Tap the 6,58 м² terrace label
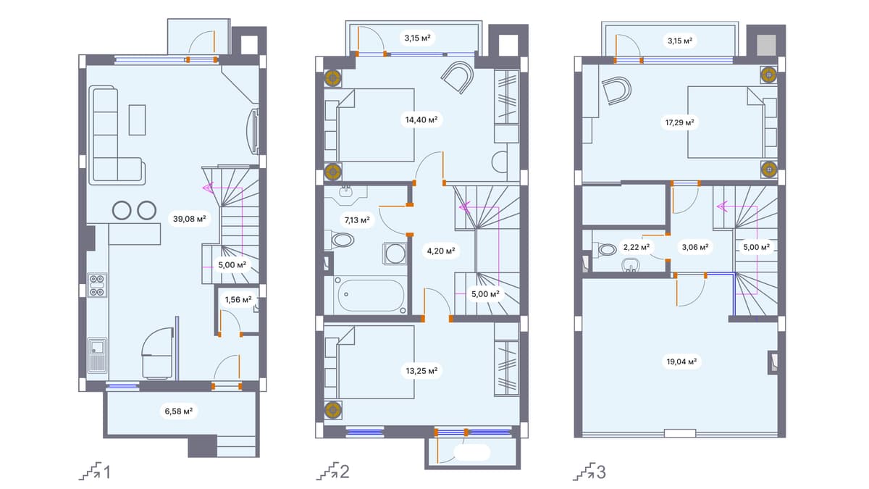pos(177,411)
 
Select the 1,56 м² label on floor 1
pos(238,299)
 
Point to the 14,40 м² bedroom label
pos(421,120)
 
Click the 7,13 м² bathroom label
pos(356,219)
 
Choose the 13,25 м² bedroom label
pos(421,370)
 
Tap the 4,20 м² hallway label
pos(441,251)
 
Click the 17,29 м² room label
pos(679,122)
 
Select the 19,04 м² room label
pos(681,360)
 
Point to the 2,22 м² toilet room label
pos(636,247)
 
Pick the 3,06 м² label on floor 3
pos(694,247)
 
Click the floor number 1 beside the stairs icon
pos(107,473)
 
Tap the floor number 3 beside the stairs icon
pos(601,473)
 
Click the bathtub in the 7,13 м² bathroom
pos(369,295)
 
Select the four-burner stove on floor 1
pos(97,285)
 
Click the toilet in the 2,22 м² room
pos(605,250)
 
